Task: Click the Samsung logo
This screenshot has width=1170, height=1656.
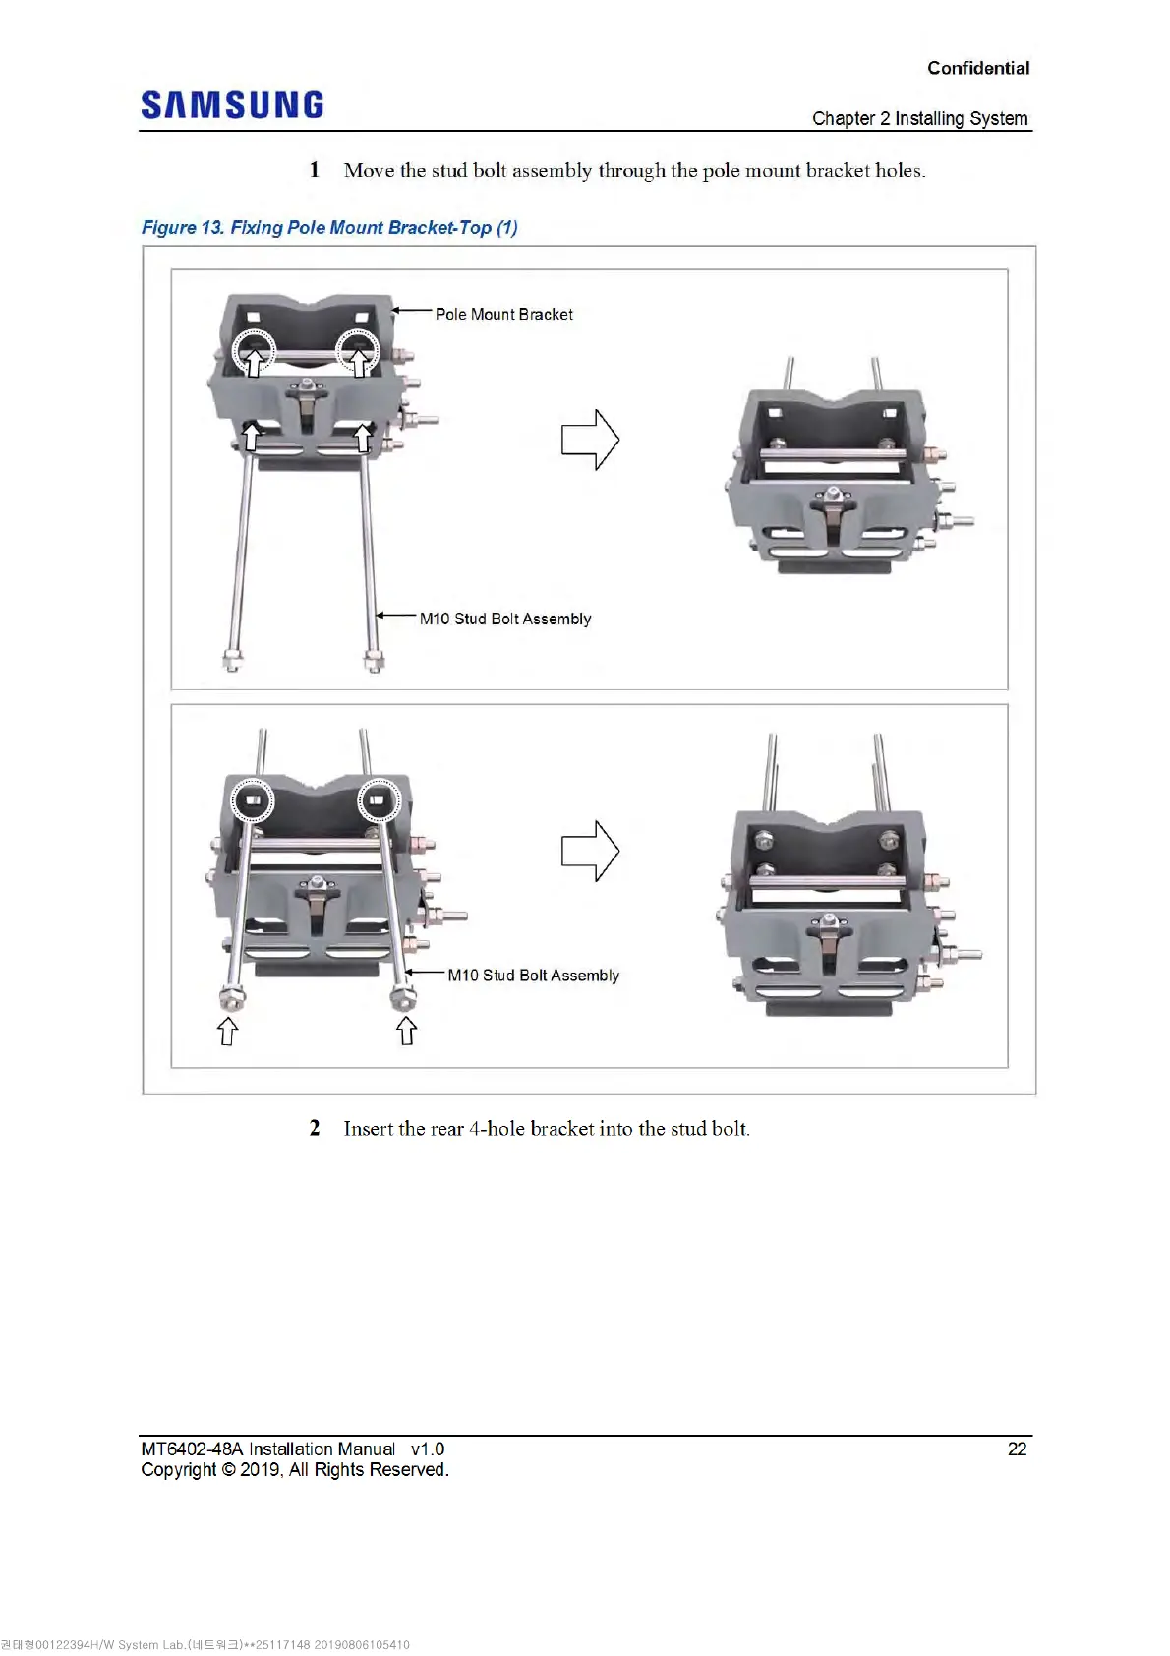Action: (232, 105)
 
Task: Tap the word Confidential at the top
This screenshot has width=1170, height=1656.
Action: (978, 68)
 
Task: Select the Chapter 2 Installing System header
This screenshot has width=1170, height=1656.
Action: (919, 119)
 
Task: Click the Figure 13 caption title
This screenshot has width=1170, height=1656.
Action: (329, 228)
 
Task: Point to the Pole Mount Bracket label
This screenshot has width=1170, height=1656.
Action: (503, 315)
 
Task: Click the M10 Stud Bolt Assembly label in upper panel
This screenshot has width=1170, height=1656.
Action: (505, 619)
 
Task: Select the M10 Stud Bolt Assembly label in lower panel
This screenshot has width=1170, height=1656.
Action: (533, 976)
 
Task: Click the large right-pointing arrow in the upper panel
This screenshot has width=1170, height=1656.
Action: (590, 439)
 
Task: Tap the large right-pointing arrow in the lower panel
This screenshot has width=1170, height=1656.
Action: (590, 851)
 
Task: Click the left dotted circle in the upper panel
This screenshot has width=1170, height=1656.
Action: (254, 349)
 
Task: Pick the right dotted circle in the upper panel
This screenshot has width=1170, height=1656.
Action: (358, 349)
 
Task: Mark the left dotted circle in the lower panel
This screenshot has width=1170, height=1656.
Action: (253, 800)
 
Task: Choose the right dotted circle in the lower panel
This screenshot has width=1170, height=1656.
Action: (379, 800)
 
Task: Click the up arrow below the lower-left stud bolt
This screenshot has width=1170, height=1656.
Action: (227, 1031)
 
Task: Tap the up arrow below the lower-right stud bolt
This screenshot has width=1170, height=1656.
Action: (406, 1031)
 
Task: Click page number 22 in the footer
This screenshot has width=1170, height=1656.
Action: (1017, 1449)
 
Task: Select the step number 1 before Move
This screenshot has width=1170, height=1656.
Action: (315, 170)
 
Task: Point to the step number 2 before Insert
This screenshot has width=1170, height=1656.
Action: (315, 1128)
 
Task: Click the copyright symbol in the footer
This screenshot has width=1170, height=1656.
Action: (228, 1470)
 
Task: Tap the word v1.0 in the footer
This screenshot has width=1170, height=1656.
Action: (428, 1449)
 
